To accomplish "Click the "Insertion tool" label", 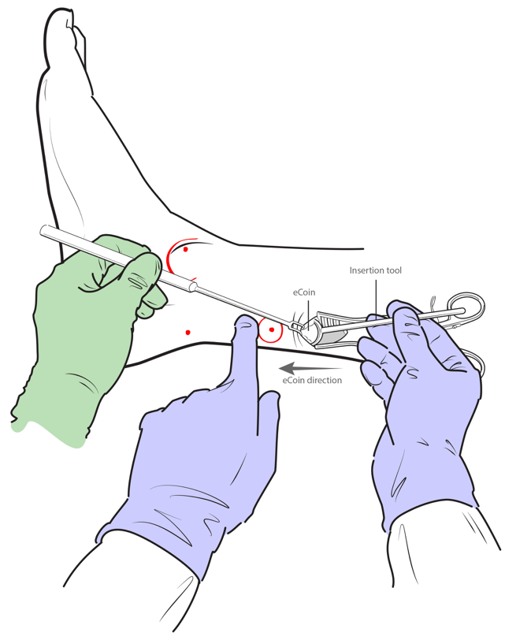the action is [375, 270].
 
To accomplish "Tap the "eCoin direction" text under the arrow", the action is [312, 380].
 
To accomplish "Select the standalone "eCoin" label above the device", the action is [304, 292].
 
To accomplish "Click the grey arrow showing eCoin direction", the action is [310, 368].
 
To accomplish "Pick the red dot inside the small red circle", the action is [271, 329].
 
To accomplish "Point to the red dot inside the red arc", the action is [186, 249].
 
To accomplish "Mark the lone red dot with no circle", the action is [188, 333].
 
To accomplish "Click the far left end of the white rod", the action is [42, 230].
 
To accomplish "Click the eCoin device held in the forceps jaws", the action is [309, 329].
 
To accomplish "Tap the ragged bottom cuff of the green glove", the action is [49, 429].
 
